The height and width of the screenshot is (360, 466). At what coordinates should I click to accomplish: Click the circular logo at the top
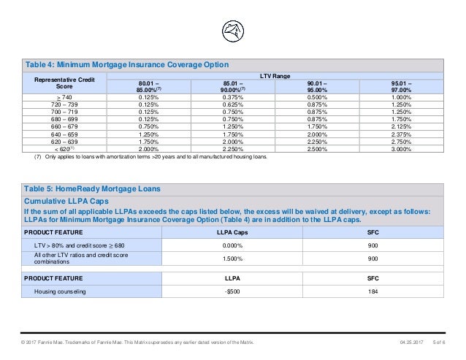coord(233,31)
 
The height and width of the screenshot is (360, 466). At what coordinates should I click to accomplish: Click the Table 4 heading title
coord(127,65)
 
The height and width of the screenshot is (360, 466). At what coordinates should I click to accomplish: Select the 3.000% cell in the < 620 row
coord(401,149)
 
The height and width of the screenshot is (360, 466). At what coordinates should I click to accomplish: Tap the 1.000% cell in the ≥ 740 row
coord(401,97)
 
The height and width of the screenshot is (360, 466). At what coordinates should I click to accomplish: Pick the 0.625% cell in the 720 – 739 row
coord(233,104)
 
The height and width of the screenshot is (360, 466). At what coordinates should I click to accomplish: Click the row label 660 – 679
coord(64,126)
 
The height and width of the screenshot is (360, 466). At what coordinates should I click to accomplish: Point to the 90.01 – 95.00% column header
coord(317,87)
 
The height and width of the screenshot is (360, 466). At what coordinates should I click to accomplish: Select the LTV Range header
coord(275,76)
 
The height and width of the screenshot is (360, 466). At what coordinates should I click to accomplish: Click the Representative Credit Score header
coord(64,83)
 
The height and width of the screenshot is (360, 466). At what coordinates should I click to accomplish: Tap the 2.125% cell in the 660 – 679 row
coord(401,126)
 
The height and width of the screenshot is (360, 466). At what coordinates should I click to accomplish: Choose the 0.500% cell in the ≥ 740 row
coord(317,97)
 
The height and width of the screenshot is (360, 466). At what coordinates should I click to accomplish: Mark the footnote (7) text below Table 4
coord(150,156)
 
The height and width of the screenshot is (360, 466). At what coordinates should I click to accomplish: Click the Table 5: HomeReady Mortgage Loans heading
coord(92,189)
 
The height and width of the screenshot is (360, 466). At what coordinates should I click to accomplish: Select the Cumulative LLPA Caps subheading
coord(66,201)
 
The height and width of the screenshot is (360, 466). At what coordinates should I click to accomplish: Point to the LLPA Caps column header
coord(232,232)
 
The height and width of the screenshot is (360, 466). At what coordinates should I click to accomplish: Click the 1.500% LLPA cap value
coord(233,258)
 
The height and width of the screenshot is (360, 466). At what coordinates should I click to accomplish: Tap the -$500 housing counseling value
coord(232,291)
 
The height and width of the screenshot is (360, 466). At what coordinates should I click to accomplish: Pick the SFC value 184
coord(373,291)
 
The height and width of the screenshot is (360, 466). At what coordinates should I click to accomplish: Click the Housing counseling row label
coord(60,291)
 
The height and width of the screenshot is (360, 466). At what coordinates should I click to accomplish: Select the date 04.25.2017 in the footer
coord(412,342)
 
